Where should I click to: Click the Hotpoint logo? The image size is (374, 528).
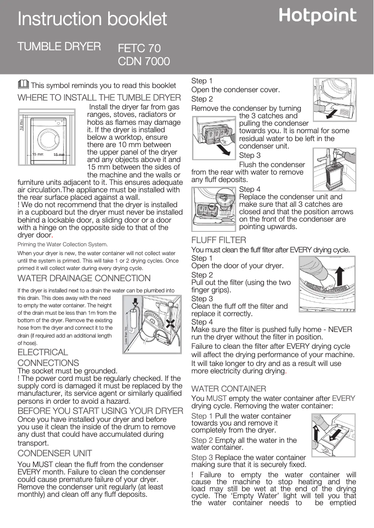click(x=318, y=16)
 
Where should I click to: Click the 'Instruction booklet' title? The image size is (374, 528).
click(x=92, y=19)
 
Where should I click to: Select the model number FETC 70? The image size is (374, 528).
click(x=139, y=48)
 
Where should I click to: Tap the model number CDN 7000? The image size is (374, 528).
click(x=144, y=61)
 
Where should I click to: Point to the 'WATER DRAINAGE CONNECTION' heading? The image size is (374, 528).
click(x=84, y=278)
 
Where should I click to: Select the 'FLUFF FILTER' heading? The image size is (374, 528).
click(x=219, y=240)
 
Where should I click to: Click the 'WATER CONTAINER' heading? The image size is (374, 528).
click(x=229, y=388)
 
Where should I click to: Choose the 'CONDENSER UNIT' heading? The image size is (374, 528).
click(x=55, y=453)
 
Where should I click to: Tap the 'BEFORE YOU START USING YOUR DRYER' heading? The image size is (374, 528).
click(x=100, y=411)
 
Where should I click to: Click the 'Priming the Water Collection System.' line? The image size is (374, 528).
click(x=62, y=244)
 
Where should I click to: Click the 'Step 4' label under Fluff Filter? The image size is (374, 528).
click(x=202, y=322)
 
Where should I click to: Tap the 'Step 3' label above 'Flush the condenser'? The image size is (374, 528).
click(x=249, y=155)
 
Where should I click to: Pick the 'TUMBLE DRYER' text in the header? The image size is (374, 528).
click(x=59, y=47)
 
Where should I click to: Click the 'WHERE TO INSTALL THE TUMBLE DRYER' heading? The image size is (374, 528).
click(x=99, y=98)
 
